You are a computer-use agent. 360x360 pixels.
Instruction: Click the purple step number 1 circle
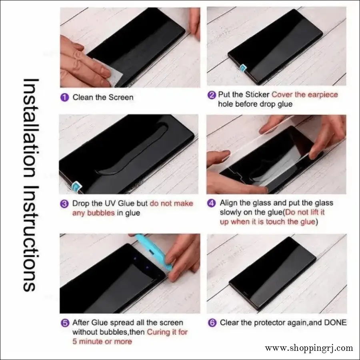point(65,97)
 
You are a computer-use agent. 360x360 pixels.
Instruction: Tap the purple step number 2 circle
point(212,95)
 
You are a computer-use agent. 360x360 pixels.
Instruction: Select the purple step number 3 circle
point(64,204)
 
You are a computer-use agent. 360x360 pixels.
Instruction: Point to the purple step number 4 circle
point(212,203)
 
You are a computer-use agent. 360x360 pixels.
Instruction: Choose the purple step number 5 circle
point(64,322)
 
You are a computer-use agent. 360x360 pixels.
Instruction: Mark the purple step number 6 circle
point(212,322)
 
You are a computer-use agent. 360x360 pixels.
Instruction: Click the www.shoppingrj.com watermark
point(309,348)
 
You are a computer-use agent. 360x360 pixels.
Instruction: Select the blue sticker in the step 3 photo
point(74,187)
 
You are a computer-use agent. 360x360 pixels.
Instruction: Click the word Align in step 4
point(229,203)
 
